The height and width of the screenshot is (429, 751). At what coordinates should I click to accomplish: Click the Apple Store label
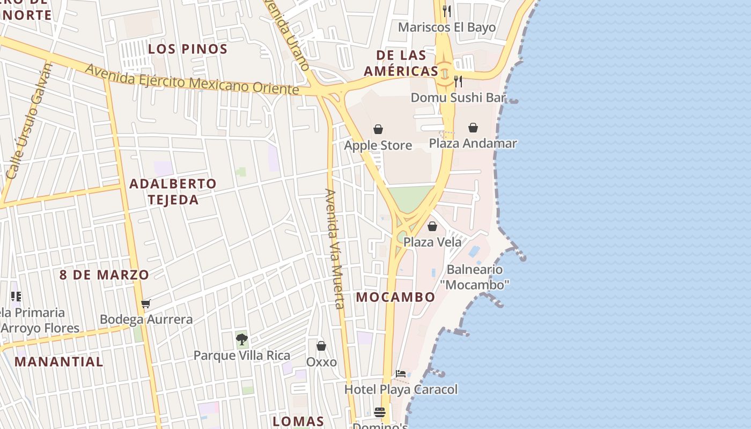[x=378, y=145]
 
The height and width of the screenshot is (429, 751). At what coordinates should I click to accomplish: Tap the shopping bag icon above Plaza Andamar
[x=473, y=128]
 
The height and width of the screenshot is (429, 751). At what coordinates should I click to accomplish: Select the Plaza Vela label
[x=432, y=242]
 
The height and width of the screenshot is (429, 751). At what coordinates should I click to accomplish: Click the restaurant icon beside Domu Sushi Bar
[x=458, y=82]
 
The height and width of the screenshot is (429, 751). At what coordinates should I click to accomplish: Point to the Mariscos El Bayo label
[x=447, y=27]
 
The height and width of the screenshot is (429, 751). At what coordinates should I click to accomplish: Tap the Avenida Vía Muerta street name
[x=334, y=249]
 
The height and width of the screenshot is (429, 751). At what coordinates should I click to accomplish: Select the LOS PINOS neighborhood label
[x=188, y=49]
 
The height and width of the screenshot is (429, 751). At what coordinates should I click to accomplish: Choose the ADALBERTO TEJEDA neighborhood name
[x=173, y=191]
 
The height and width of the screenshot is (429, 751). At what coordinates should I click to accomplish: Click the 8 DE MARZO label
[x=104, y=275]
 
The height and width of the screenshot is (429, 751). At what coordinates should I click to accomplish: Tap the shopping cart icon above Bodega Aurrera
[x=145, y=304]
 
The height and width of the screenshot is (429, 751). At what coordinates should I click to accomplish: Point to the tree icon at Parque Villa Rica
[x=241, y=339]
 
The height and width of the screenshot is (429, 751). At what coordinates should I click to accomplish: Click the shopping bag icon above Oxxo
[x=321, y=346]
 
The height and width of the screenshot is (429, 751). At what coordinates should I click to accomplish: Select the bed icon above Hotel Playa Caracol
[x=401, y=374]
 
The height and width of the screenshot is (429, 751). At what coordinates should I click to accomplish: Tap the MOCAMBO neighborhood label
[x=396, y=297]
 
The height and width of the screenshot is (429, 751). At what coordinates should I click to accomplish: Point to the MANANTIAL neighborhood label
[x=59, y=361]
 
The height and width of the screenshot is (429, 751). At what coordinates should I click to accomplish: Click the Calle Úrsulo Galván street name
[x=31, y=121]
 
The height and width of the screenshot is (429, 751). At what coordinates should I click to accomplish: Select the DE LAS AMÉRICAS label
[x=401, y=63]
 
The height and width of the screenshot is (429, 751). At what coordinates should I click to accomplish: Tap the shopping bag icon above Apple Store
[x=378, y=129]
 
